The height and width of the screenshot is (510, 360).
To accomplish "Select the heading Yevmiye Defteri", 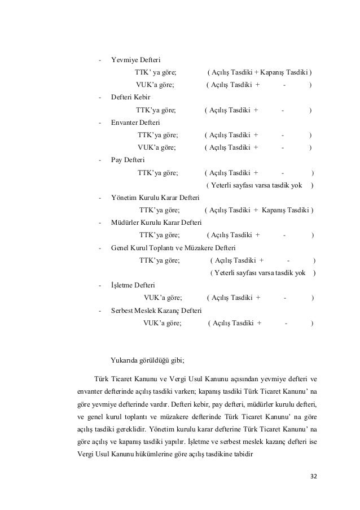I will point(136,60).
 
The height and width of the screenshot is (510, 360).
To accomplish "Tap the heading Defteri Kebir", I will point(131,97).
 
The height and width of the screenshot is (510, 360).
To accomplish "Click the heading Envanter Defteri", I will point(136,122).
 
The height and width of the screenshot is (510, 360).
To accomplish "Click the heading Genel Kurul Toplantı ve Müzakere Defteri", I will point(174,247).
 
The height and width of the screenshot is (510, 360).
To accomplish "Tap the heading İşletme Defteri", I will point(133,286).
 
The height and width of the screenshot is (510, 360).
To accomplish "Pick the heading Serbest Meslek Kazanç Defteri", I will point(156,311).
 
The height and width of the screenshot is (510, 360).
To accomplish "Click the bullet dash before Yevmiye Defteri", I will point(100,60).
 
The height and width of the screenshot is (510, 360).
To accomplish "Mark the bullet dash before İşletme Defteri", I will point(100,286).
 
